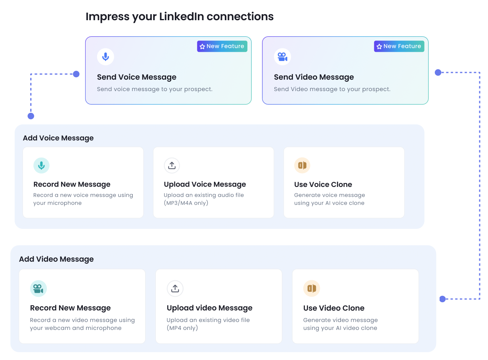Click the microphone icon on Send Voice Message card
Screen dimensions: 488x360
(105, 57)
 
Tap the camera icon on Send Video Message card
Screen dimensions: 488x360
(282, 57)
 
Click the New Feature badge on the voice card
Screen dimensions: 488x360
(222, 46)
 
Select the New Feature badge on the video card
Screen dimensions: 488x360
(399, 46)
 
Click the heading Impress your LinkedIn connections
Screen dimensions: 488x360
(179, 17)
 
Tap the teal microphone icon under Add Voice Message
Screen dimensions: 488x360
(41, 166)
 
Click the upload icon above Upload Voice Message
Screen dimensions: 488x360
(172, 166)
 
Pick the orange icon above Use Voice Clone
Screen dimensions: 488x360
(302, 166)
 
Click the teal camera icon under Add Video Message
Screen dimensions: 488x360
(38, 288)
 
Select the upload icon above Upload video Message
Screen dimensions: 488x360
(175, 288)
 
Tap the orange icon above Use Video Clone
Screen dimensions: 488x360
(311, 288)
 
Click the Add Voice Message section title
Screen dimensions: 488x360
(58, 138)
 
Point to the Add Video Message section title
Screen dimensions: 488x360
(56, 259)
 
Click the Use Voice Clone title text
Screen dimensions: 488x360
(323, 185)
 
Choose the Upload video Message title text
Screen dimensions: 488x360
(209, 308)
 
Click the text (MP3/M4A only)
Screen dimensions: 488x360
(186, 203)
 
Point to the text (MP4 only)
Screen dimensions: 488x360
(182, 328)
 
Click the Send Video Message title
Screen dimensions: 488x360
(314, 77)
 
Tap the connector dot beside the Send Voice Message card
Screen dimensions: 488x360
(76, 74)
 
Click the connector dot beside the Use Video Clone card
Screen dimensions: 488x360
(442, 299)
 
